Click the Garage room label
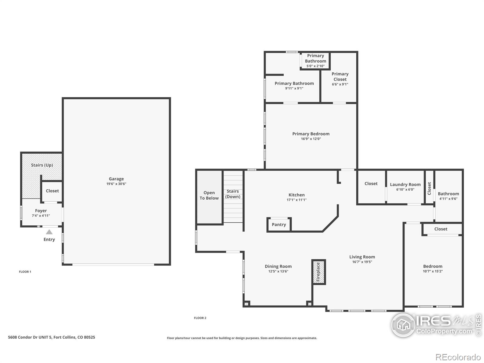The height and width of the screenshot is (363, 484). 116,179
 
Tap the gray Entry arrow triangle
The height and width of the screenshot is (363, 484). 49,232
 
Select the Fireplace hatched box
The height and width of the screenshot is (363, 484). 319,272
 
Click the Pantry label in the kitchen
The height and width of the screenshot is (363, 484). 279,224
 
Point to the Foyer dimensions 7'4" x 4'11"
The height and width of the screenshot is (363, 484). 41,216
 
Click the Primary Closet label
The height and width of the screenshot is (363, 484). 340,77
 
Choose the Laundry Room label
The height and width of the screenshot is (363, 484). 405,185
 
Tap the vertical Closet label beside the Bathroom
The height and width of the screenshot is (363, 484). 429,188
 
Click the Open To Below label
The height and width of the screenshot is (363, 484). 209,195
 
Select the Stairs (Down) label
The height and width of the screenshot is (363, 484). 233,194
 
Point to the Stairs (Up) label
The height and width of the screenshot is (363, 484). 42,165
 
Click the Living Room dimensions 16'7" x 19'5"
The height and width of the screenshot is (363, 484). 362,262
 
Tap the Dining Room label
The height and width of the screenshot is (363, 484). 278,266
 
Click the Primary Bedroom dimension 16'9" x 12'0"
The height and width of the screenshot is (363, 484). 311,139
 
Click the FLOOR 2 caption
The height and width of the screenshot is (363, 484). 200,318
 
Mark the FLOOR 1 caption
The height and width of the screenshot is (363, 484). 25,272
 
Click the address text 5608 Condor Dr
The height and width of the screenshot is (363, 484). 51,337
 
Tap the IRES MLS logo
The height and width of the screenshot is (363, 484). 436,325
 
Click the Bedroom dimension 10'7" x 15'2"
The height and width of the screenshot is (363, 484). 433,271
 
